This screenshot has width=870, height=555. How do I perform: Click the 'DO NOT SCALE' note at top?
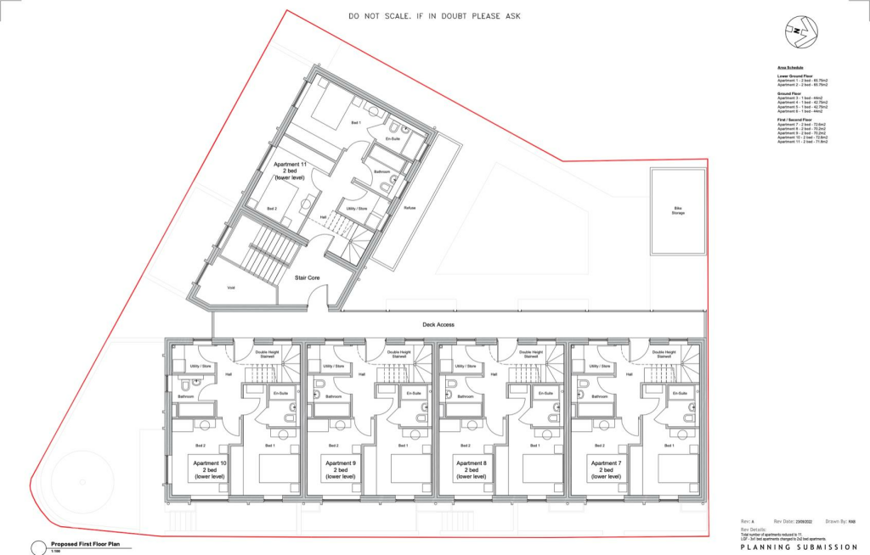point(434,16)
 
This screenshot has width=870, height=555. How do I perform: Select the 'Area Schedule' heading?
point(791,66)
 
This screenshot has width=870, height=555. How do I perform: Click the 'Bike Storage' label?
point(678,210)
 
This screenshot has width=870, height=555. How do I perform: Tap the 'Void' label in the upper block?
point(230,288)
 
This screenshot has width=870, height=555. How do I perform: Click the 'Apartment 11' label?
point(290,169)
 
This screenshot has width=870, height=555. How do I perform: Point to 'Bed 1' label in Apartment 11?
point(355,123)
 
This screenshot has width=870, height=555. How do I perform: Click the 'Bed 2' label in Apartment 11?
point(272,208)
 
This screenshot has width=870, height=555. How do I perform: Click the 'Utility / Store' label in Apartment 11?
point(356,208)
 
